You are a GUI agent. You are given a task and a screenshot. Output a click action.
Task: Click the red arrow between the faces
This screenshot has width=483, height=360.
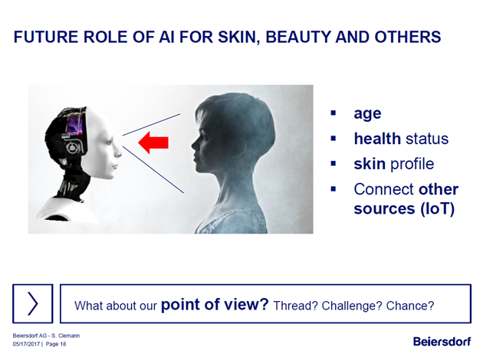153,142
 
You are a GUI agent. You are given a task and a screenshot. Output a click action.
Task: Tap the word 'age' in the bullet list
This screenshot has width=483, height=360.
367,114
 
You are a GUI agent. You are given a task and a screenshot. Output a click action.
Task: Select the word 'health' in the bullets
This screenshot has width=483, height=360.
377,139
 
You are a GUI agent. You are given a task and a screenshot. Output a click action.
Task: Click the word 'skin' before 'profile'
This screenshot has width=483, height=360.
370,163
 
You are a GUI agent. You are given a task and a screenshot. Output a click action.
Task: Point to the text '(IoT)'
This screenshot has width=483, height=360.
438,208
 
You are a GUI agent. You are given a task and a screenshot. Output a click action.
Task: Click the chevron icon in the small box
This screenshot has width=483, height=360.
33,303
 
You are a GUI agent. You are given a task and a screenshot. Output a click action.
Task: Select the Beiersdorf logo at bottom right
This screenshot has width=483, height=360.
442,341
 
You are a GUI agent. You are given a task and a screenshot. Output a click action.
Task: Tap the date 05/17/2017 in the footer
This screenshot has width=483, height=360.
26,344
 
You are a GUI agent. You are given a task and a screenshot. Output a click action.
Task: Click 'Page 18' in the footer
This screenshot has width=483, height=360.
56,344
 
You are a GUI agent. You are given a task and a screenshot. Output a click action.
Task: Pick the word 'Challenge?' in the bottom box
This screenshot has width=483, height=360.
352,306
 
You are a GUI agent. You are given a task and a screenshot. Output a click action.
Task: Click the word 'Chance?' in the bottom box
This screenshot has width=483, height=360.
410,306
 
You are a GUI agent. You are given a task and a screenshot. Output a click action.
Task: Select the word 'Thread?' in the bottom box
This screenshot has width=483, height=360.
295,306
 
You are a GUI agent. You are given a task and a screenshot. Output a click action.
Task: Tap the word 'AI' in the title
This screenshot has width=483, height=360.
166,37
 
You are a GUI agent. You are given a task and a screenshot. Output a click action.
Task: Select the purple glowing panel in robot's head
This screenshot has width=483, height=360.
74,124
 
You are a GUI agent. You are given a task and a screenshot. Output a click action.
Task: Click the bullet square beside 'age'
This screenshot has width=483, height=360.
333,113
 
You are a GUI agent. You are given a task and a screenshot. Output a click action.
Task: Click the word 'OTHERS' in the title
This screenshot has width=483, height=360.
408,37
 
